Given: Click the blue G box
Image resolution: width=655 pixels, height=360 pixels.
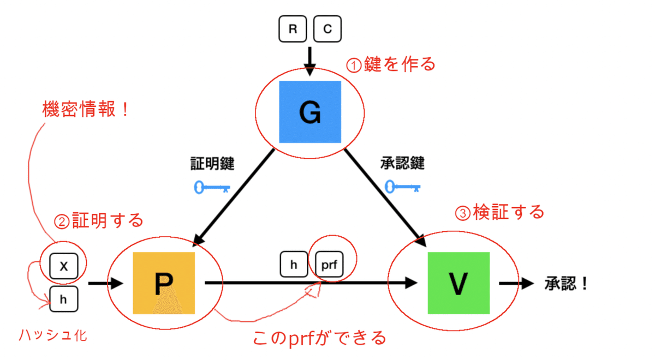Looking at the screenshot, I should (310, 112).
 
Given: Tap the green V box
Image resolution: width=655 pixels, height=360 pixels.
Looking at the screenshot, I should (458, 283).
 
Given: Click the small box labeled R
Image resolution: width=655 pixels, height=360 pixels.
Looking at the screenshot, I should (293, 29).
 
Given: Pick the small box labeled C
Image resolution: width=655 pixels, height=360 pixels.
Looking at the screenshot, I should (327, 29).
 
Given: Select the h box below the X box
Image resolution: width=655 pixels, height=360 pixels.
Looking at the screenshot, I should (63, 299).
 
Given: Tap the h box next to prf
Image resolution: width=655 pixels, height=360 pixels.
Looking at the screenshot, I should (294, 265).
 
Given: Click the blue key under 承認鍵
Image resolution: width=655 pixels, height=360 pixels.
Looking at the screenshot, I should (403, 187).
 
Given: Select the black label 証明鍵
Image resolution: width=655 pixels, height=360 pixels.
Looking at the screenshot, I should (212, 163).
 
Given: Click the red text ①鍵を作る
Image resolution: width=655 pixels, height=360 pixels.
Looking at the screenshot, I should (391, 64).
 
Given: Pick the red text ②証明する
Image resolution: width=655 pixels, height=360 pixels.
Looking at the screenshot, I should (99, 221).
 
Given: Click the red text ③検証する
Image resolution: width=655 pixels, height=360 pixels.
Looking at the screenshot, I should (499, 212).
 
